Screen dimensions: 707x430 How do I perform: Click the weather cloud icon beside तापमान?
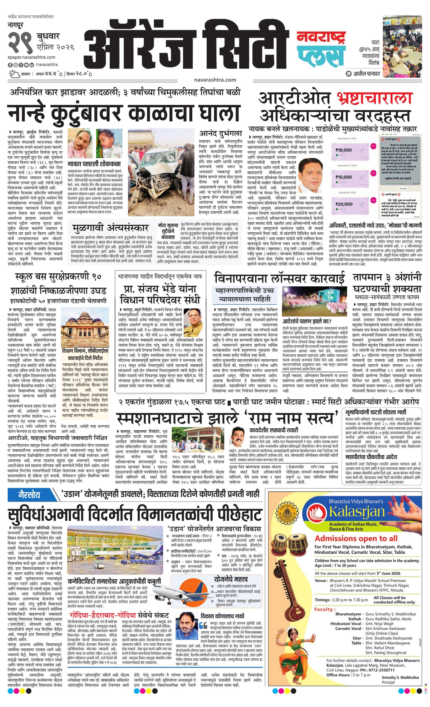click(x=14, y=74)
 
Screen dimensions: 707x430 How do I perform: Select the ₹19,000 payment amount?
click(x=343, y=150)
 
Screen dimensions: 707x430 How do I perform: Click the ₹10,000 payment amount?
click(x=343, y=177)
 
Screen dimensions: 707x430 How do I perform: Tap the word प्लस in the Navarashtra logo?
click(x=321, y=55)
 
